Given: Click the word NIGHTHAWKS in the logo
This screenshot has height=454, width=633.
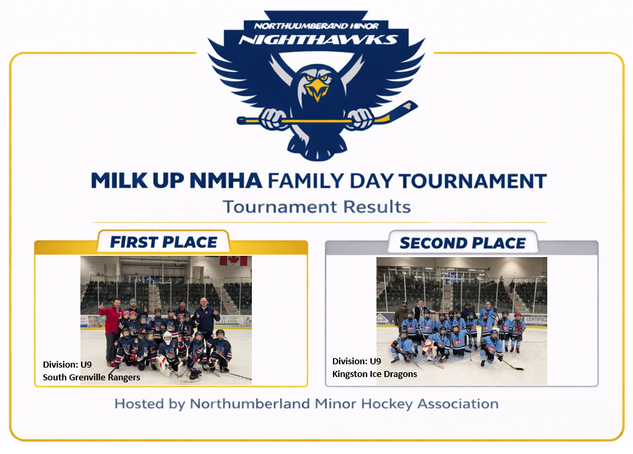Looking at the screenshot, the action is [318, 39].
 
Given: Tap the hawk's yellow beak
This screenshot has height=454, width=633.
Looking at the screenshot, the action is [317, 90].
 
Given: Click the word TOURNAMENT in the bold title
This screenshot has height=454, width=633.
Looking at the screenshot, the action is [473, 181].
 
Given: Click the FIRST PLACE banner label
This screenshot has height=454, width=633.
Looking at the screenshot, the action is [163, 242].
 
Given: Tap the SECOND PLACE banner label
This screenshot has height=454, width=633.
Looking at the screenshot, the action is [463, 243].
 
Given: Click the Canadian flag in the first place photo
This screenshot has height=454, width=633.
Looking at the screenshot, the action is [233, 260].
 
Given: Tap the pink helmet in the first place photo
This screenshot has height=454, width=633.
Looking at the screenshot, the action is [127, 313].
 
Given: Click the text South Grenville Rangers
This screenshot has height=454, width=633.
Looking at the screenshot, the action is [91, 377].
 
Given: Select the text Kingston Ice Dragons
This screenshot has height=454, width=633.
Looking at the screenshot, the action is [374, 374].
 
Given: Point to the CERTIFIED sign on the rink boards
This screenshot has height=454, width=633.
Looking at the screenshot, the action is [536, 319].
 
